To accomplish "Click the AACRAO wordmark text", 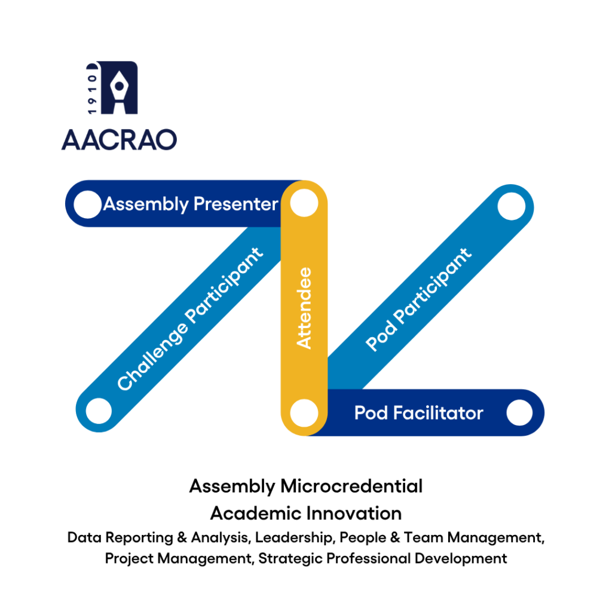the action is pos(119,140).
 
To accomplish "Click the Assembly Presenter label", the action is pos(191,204).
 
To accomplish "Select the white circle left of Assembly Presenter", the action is pos(87,204).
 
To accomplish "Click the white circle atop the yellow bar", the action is pos(304,203).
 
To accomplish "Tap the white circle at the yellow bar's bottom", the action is pos(304,413).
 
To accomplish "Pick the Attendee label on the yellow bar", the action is pos(304,308).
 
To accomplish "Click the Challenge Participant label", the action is pos(190,319).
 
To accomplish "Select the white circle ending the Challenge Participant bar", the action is pos(99,411).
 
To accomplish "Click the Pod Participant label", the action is pos(418,299).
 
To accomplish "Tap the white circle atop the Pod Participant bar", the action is pos(512,206).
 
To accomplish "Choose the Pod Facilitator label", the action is pos(418,413).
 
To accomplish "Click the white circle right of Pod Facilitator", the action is pos(519,412).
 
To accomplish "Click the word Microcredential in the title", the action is pos(351,486).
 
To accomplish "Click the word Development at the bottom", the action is pos(461,559).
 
